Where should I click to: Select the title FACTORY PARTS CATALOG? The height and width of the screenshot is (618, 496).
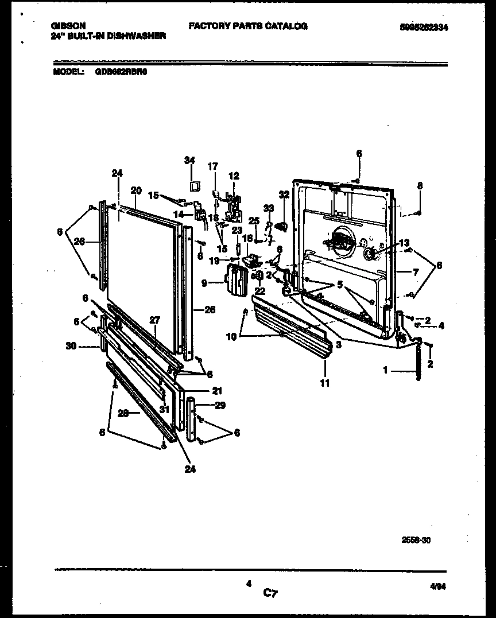(x=248, y=26)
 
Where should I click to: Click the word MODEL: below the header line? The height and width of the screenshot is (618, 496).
(x=68, y=73)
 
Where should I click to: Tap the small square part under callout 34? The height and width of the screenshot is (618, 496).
(x=194, y=185)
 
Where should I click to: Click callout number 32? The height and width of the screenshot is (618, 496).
(x=284, y=195)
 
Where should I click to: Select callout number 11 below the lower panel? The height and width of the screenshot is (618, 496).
(x=325, y=383)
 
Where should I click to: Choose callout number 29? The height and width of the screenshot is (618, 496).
(x=219, y=405)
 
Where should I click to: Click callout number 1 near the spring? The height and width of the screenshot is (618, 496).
(x=386, y=371)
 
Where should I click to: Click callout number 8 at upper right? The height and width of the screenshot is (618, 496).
(x=420, y=186)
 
